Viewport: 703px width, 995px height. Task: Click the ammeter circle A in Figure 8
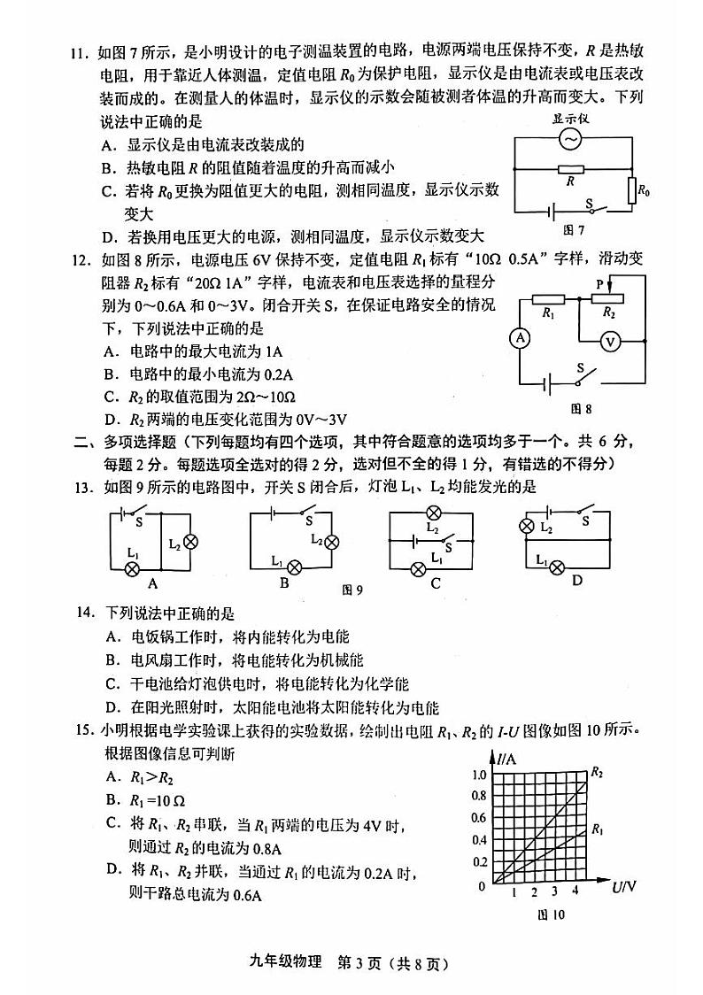(x=521, y=337)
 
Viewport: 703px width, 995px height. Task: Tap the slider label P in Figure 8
(x=599, y=283)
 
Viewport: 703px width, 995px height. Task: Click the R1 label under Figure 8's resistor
(x=548, y=312)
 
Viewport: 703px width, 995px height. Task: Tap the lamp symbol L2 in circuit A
(x=189, y=541)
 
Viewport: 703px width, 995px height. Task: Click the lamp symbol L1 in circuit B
(x=296, y=567)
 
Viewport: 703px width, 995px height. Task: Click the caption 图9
(x=353, y=590)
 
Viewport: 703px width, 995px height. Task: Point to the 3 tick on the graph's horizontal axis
(x=554, y=891)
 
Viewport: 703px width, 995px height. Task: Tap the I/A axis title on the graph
(x=507, y=759)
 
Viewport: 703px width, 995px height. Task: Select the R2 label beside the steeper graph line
(x=597, y=772)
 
